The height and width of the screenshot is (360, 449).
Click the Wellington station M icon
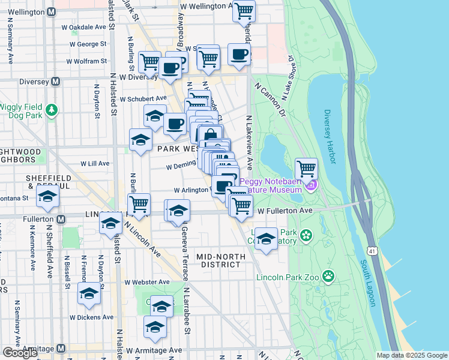[x=52, y=11]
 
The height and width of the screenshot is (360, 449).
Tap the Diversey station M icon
[x=56, y=82]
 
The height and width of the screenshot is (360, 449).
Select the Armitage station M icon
[x=61, y=349]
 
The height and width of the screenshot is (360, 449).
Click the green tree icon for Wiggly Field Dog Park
[x=53, y=109]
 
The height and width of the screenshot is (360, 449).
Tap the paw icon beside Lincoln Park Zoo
[x=328, y=276]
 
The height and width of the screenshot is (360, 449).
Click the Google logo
[x=20, y=353]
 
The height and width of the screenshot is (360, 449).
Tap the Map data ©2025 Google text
[x=411, y=355]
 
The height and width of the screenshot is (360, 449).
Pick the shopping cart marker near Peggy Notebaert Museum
[x=306, y=168]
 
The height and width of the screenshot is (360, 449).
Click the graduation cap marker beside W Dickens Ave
[x=89, y=294]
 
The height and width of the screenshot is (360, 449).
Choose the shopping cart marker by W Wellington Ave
[x=244, y=10]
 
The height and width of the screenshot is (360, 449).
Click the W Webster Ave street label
[x=145, y=282]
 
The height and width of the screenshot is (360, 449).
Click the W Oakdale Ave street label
[x=84, y=27]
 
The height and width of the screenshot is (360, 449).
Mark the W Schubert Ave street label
[x=142, y=98]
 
